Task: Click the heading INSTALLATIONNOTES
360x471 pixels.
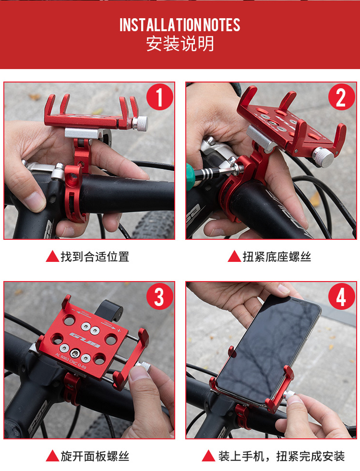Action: point(180,25)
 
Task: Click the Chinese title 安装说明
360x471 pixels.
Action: point(180,44)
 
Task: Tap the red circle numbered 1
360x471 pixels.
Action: point(159,97)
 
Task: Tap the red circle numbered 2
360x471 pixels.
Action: point(341,97)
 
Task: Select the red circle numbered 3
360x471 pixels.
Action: point(159,297)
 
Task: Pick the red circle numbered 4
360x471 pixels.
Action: point(341,297)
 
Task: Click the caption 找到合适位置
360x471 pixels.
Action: point(95,257)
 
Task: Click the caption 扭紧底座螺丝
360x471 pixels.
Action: point(277,257)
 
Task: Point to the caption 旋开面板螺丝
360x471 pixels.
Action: point(95,456)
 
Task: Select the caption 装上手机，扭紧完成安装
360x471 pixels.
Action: point(281,456)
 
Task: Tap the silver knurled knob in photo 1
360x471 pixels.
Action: point(140,123)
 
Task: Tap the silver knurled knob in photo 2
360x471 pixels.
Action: point(323,157)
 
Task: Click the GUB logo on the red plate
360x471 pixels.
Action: point(85,340)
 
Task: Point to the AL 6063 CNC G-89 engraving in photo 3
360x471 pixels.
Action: point(71,361)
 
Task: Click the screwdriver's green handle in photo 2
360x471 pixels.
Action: point(189,177)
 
